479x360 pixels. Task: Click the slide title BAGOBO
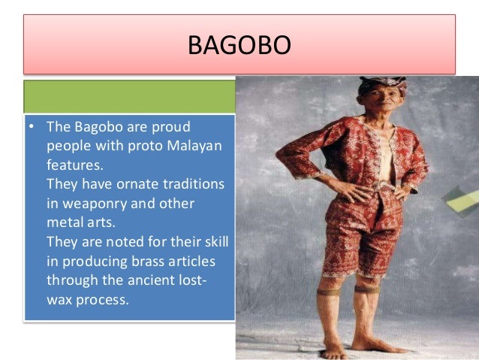point(239,47)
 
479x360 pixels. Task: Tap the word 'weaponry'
point(91,203)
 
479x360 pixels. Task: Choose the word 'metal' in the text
point(65,222)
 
